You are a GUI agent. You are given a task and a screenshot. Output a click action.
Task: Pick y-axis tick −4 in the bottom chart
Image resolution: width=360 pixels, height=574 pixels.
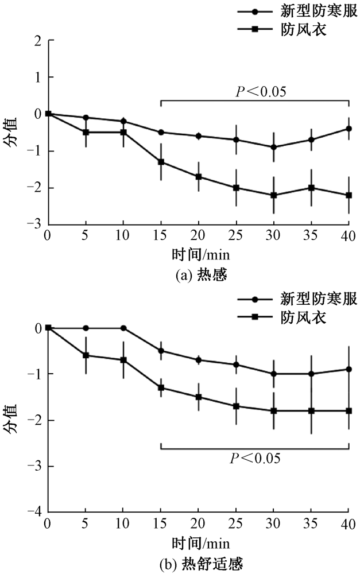34,512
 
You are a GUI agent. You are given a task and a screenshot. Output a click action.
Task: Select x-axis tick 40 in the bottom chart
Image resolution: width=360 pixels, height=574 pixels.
349,523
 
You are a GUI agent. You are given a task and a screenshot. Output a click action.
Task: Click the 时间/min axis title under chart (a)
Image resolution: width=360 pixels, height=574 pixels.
199,255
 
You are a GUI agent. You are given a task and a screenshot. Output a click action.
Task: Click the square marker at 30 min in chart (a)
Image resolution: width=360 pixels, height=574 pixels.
273,195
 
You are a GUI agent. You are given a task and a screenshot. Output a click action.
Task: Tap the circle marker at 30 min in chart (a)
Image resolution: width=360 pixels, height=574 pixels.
273,147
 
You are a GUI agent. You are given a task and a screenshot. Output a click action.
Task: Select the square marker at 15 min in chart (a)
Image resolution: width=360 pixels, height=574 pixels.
161,162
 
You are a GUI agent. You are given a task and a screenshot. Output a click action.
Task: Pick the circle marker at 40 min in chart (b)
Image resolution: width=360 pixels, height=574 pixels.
349,369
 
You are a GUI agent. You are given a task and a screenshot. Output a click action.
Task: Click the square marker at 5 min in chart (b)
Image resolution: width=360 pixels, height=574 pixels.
86,355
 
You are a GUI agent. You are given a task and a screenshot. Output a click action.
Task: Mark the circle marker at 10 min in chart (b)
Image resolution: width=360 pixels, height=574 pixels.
123,328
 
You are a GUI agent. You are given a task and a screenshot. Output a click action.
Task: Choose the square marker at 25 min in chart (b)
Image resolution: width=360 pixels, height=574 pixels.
236,406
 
